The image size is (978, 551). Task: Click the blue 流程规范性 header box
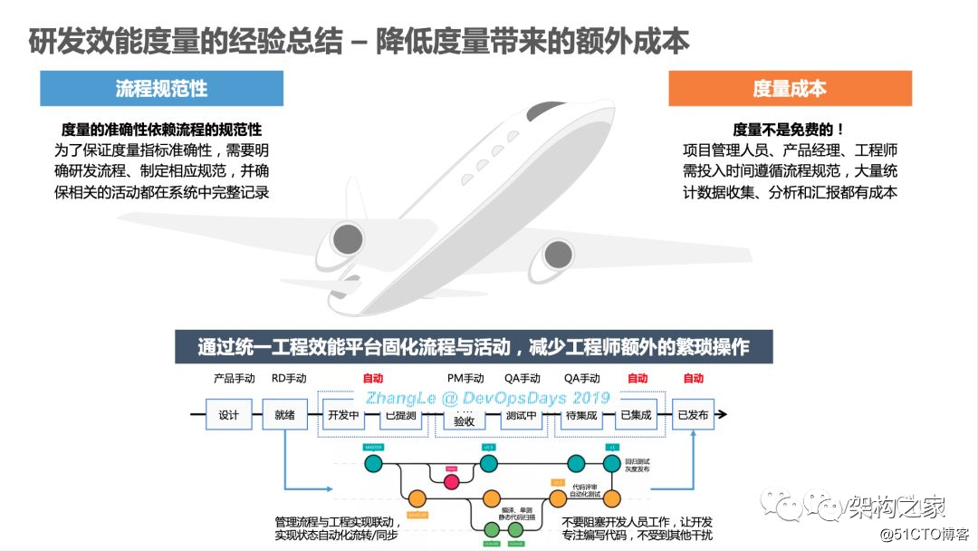coord(161,89)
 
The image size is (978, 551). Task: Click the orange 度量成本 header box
coord(790,89)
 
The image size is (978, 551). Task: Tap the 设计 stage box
coord(228,416)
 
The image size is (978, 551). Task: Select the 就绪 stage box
coord(285,416)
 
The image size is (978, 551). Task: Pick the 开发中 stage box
coord(343,416)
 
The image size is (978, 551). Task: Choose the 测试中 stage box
coord(522,416)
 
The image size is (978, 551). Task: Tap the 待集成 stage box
coord(580,416)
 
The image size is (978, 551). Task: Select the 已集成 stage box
coord(637,416)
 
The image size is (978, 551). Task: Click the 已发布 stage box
coord(693,416)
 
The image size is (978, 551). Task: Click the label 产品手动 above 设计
coord(234,378)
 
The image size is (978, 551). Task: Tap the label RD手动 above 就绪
coord(289,378)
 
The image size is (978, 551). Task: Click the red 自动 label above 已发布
coord(693,378)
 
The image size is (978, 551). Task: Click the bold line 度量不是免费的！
coord(790,130)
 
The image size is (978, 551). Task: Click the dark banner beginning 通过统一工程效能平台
coord(474,347)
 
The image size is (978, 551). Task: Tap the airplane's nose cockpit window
coord(547,112)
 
